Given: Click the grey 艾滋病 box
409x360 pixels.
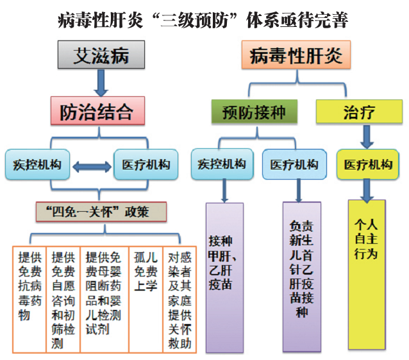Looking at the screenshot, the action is pos(101,55).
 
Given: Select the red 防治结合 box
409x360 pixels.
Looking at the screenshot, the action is pos(98,110).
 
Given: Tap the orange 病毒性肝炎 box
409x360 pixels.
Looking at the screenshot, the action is pos(296,55).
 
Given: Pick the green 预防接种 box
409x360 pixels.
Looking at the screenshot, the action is pos(255,112).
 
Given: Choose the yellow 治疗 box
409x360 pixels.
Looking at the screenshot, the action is pos(359,112).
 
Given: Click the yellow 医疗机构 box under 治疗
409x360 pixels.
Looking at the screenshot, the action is pos(368,164).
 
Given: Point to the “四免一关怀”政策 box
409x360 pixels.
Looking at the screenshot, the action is pos(101,212).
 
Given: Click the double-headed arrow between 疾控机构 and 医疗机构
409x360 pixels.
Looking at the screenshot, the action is pos(92,167).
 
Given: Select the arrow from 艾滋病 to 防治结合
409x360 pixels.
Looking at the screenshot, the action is pos(101,83).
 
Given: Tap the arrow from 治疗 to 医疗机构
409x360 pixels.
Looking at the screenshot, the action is pos(367,137).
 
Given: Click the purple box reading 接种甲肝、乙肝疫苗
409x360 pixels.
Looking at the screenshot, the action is pos(224,277).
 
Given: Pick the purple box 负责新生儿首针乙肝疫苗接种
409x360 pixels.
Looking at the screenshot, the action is pos(302,277).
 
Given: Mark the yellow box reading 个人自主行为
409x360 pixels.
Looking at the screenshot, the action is pos(367,275).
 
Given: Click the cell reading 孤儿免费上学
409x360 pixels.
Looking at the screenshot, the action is pos(146,300).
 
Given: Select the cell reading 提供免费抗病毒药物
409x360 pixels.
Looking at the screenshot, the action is pos(29,300).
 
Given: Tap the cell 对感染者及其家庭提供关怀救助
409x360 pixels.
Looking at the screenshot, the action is pos(179,300).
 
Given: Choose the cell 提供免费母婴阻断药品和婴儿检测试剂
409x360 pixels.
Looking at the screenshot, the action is pos(104,300).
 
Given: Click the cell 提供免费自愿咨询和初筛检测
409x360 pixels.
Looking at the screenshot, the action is pos(63,300).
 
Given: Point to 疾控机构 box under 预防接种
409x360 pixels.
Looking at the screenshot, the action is pos(222,164).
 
